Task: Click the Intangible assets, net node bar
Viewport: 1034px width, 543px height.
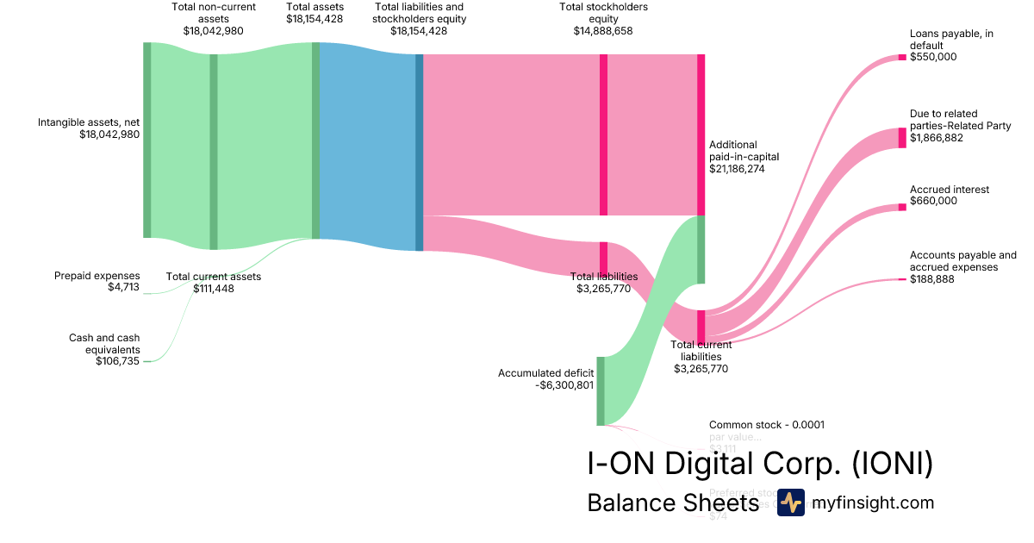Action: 146,140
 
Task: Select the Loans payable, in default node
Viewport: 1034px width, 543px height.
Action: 902,57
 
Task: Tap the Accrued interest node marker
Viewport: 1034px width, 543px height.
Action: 902,207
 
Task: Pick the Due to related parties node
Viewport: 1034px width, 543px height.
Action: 902,138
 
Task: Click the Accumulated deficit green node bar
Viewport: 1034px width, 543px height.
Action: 601,390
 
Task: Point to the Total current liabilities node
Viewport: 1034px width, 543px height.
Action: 701,327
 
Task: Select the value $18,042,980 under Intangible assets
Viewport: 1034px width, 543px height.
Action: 109,134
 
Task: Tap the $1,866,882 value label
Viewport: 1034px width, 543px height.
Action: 937,138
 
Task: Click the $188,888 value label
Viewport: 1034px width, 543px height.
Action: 932,278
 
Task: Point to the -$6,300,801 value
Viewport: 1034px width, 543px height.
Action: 564,385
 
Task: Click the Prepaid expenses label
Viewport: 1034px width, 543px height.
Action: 97,276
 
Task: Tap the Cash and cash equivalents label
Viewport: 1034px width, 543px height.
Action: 104,344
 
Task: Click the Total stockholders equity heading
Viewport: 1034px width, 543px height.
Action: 603,13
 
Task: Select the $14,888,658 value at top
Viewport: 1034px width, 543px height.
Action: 603,30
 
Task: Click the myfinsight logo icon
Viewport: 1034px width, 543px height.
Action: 790,502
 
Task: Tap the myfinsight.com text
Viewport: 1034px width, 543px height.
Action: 873,502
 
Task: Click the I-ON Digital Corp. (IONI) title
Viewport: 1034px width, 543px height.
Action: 760,464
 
